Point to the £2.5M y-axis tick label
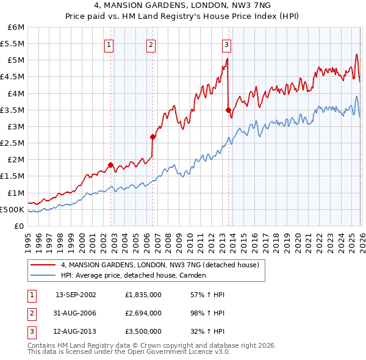tap(12, 143)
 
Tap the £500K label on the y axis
tap(12, 209)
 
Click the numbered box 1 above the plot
tap(109, 44)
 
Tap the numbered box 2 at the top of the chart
tap(151, 44)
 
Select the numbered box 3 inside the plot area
tap(226, 44)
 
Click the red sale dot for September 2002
tap(110, 165)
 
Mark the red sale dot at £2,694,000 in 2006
tap(152, 137)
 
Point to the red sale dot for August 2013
tap(228, 110)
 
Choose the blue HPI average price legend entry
tap(134, 275)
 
